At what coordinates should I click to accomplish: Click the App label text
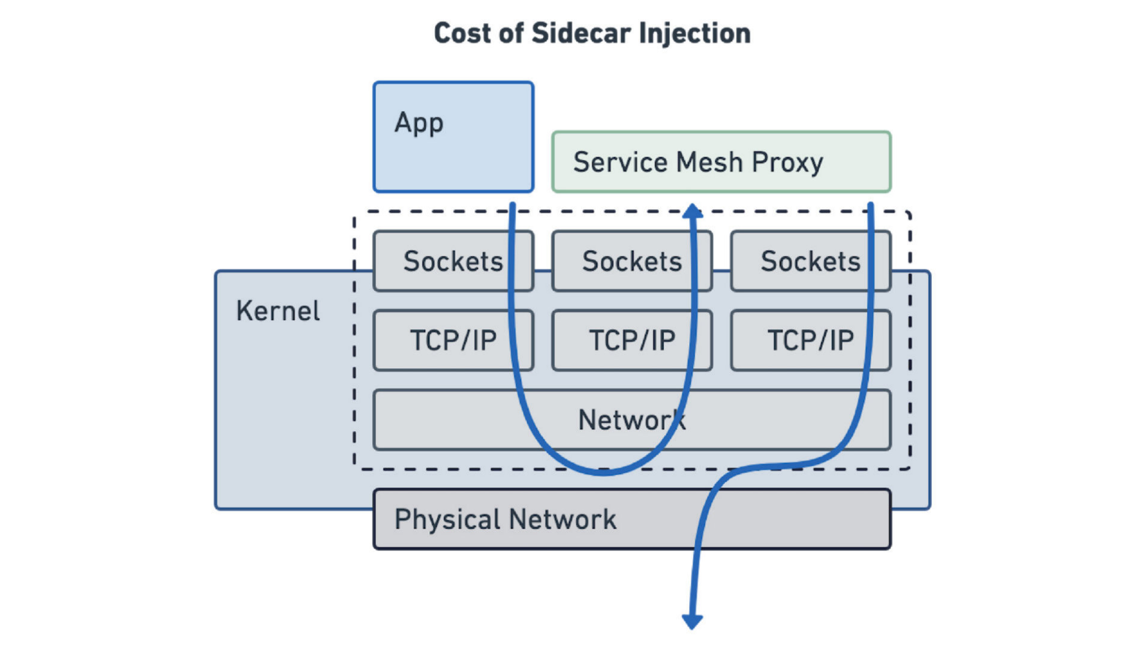(x=419, y=122)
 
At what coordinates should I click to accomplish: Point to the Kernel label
(x=278, y=311)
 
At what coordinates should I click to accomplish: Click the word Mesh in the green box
(x=709, y=162)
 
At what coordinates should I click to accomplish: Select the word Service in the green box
(x=620, y=162)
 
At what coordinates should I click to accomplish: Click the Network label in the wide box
(x=631, y=419)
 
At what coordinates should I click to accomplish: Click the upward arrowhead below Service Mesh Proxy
(x=693, y=211)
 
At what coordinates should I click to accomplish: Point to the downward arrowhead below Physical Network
(x=692, y=622)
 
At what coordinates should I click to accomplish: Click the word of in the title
(x=511, y=33)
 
